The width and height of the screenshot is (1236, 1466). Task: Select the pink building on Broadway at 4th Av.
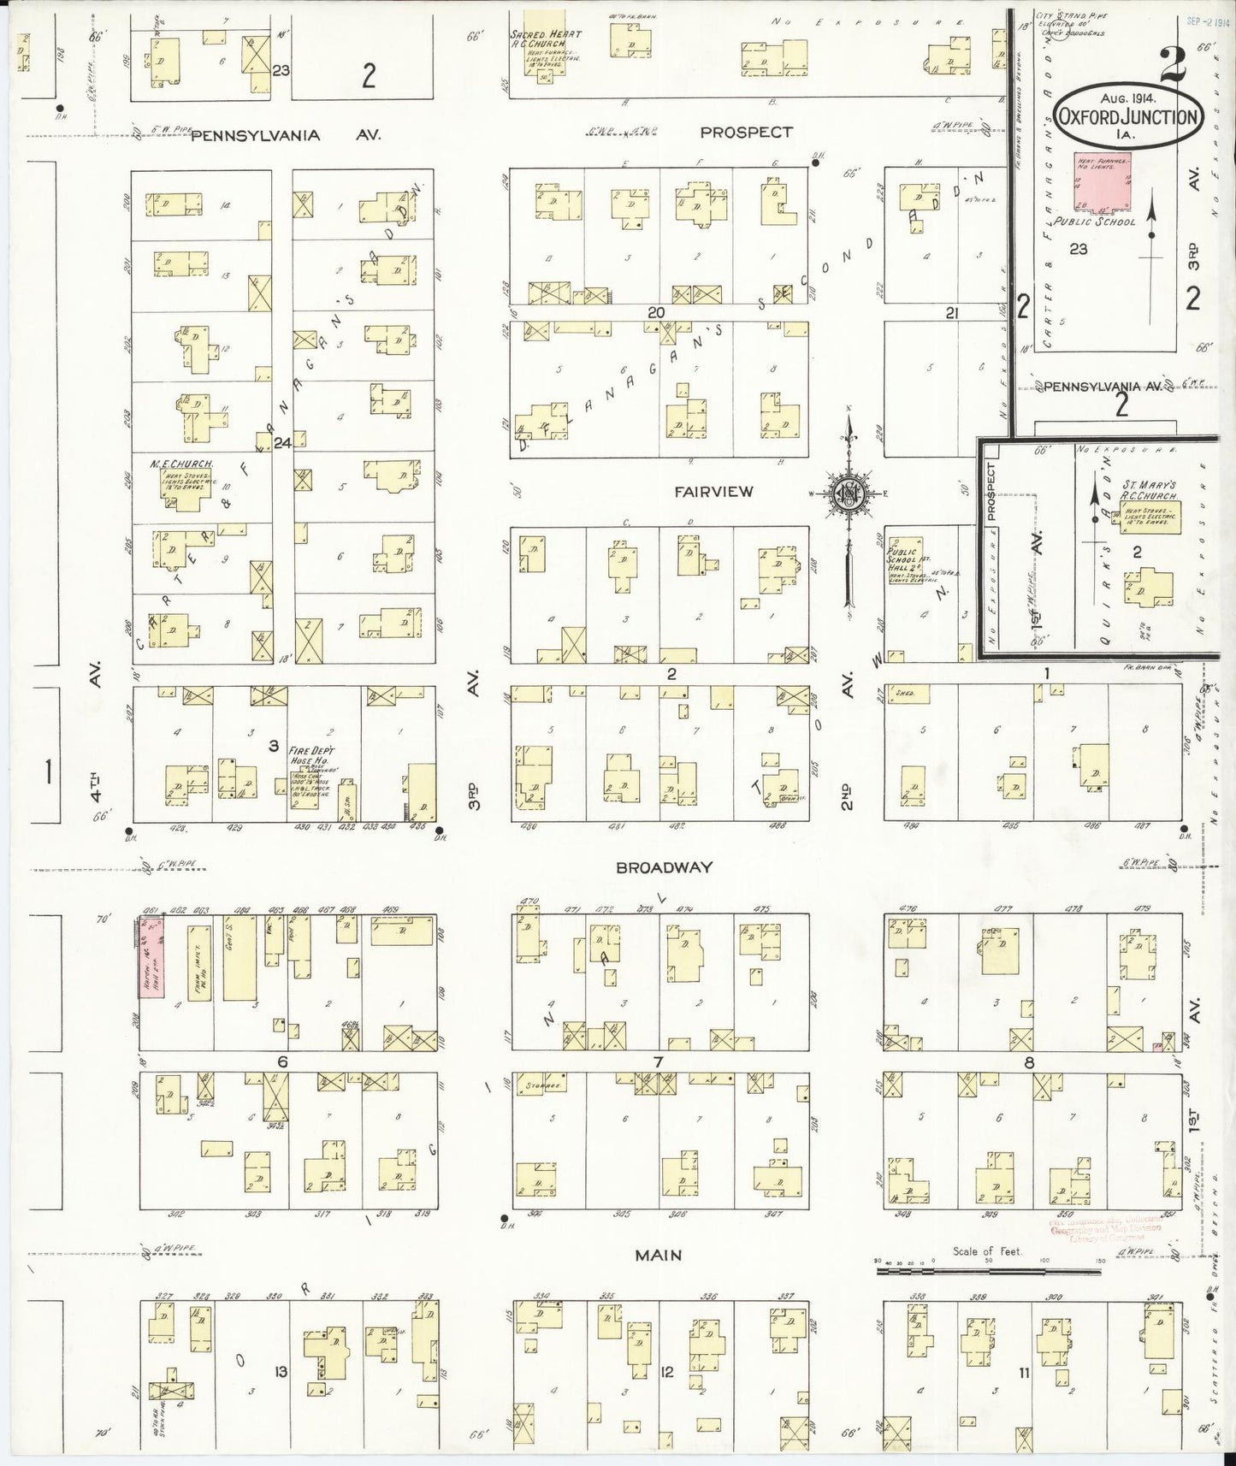coord(151,957)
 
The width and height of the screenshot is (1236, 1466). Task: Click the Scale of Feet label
coord(987,1251)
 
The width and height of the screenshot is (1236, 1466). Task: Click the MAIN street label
coord(658,1255)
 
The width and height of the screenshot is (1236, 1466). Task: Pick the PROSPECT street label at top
coord(746,133)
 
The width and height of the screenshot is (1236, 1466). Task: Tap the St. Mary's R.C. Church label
coord(1147,495)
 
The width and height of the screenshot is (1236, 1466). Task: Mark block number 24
coord(283,442)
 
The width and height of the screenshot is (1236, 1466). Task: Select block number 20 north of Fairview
coord(656,313)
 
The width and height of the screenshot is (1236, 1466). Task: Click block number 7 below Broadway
coord(658,1062)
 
